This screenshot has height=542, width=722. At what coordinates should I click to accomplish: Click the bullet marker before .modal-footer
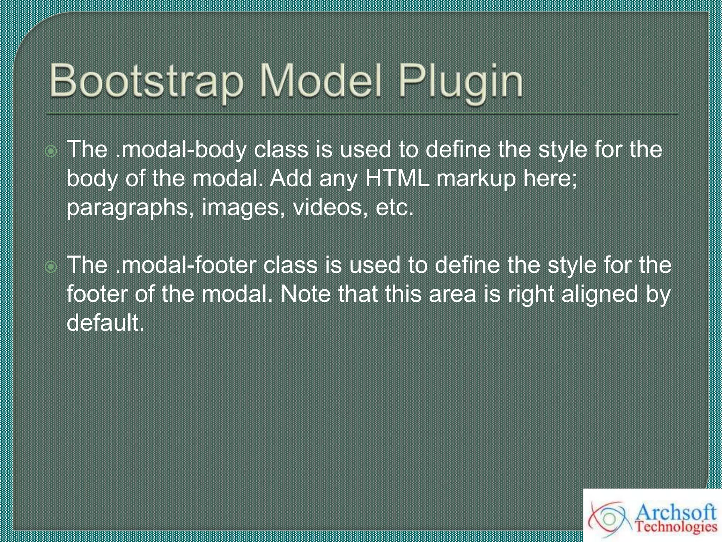pyautogui.click(x=51, y=267)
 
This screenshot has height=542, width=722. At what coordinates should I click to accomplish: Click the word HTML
pyautogui.click(x=397, y=178)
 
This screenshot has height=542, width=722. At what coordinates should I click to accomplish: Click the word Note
pyautogui.click(x=305, y=294)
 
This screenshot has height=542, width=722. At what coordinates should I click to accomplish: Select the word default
pyautogui.click(x=105, y=323)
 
